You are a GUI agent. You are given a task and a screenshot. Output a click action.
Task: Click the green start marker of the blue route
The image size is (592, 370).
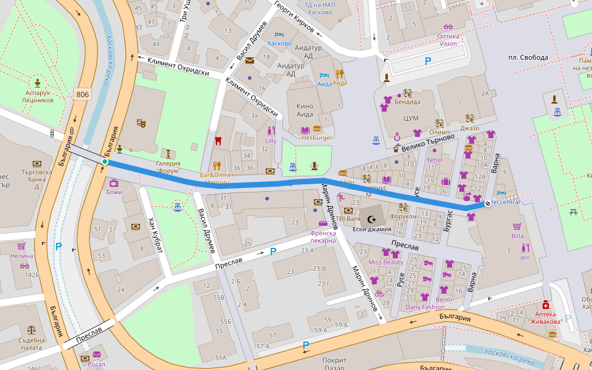(x=105, y=162)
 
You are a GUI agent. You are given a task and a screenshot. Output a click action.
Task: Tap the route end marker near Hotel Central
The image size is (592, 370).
(x=488, y=203)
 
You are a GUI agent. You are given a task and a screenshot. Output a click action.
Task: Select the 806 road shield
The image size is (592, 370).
(x=82, y=94)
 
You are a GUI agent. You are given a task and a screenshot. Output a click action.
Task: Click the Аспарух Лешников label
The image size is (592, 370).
(x=38, y=96)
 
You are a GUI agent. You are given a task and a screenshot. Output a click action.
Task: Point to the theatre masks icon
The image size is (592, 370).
(x=141, y=123)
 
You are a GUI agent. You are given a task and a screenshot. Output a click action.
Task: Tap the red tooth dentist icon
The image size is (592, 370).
(x=217, y=141)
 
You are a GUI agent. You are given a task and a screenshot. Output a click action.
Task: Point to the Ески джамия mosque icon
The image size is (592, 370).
(x=371, y=219)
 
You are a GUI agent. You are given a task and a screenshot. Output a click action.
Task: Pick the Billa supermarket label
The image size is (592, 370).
(x=517, y=236)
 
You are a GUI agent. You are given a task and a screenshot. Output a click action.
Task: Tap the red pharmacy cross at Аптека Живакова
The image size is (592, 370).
(x=545, y=305)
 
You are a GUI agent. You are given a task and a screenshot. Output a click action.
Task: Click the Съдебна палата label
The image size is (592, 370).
(x=32, y=343)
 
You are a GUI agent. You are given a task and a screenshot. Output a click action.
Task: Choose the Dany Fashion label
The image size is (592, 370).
(x=424, y=306)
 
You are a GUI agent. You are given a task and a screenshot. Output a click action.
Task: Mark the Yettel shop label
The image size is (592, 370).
(x=435, y=160)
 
